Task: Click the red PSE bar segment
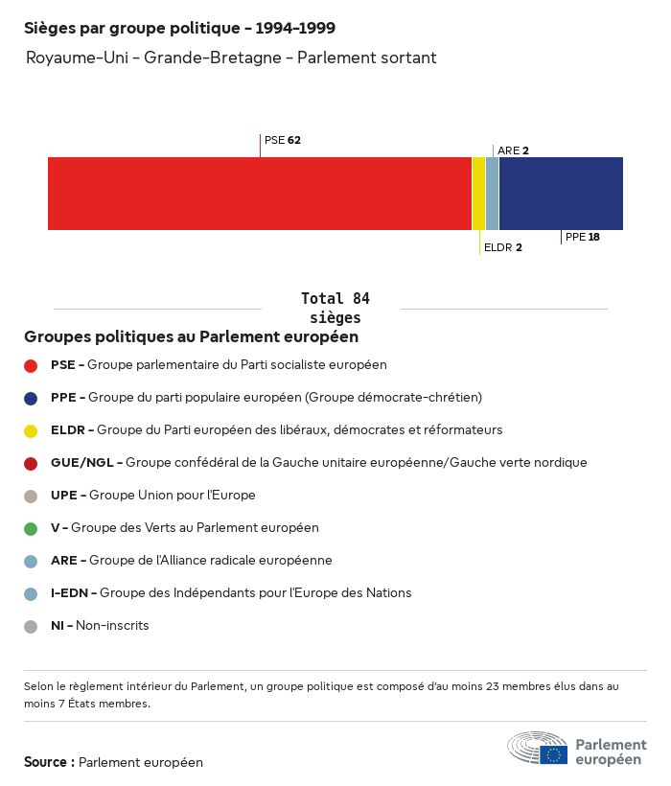259,194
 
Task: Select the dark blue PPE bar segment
561,194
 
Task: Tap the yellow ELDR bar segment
478,194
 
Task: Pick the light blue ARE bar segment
493,194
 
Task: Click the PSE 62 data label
283,140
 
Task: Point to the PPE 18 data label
583,237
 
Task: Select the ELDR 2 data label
503,247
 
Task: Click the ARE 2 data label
514,150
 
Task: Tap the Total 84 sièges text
335,308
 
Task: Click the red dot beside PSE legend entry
31,365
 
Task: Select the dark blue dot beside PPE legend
31,398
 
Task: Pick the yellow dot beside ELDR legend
31,430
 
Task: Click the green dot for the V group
31,528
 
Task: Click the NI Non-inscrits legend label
100,626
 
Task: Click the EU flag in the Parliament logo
553,754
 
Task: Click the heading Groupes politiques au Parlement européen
192,337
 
